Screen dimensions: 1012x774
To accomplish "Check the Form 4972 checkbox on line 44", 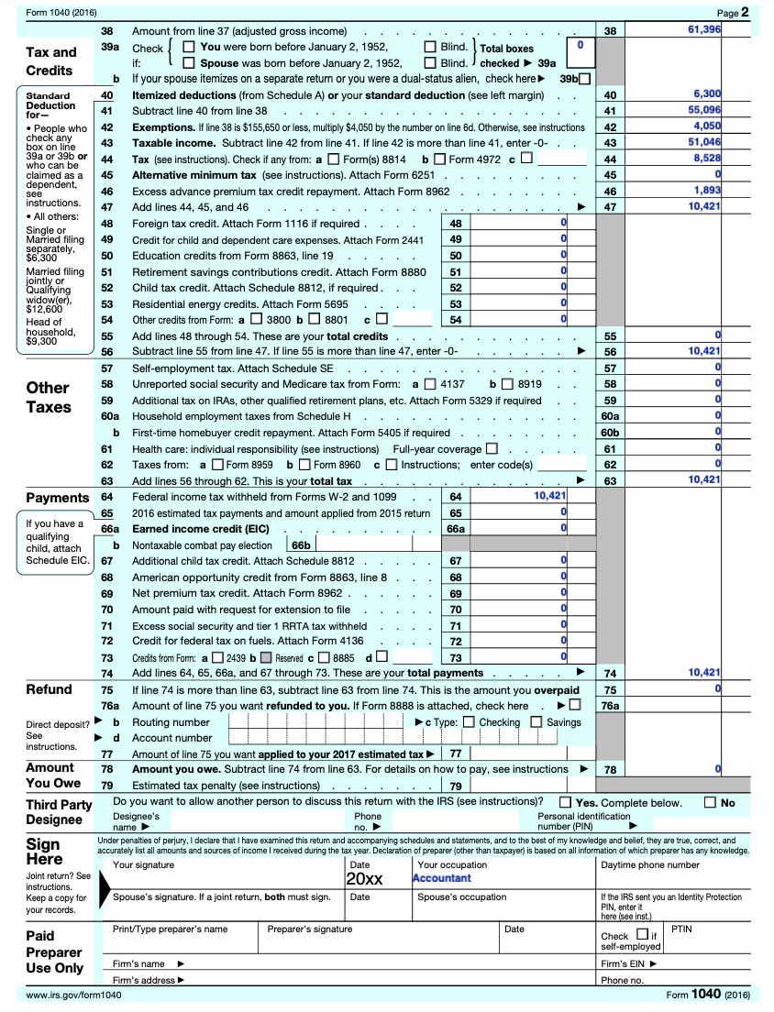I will pyautogui.click(x=440, y=159).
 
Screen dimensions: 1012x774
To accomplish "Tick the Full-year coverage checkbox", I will pyautogui.click(x=492, y=449).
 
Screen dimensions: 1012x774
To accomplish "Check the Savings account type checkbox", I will pyautogui.click(x=537, y=722).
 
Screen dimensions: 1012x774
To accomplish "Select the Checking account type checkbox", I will pyautogui.click(x=470, y=722).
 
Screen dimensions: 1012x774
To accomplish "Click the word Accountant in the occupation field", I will pyautogui.click(x=442, y=878).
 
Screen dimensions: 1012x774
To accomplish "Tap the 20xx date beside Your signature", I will pyautogui.click(x=364, y=879).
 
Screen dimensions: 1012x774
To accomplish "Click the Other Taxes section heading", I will pyautogui.click(x=49, y=397).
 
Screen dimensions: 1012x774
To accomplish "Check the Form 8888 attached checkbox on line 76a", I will pyautogui.click(x=575, y=706).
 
